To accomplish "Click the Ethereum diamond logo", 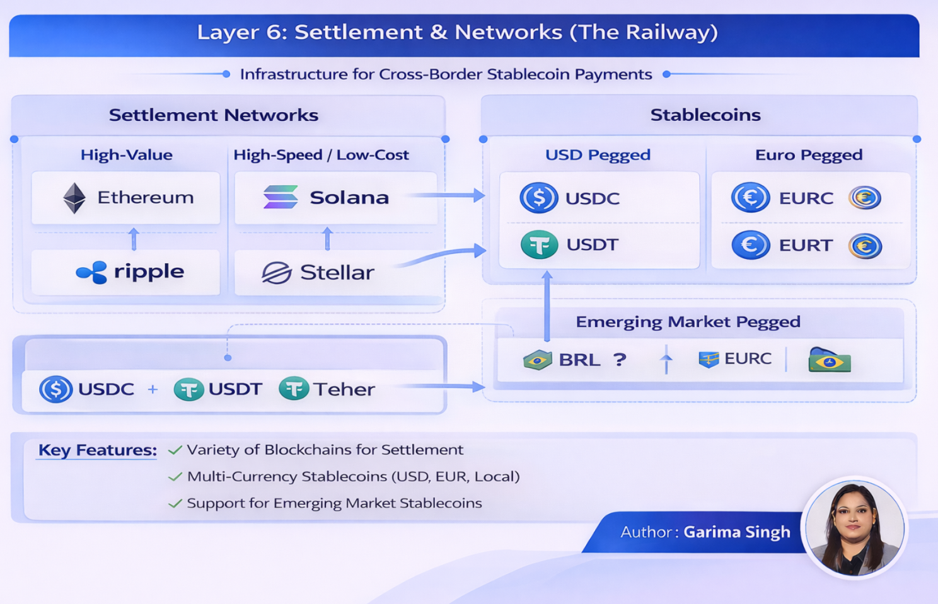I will click(74, 198).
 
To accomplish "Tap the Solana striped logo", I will click(281, 197).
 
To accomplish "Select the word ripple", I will click(149, 271).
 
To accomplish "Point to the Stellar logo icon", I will click(276, 273).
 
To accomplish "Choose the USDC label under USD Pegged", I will click(592, 198).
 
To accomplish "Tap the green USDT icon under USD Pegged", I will click(539, 245).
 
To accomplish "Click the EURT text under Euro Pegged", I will click(805, 246).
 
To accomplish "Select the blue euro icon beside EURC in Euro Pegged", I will click(750, 198).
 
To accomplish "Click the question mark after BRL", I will click(620, 360).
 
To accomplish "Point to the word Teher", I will click(344, 389).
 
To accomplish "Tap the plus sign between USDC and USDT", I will click(153, 389).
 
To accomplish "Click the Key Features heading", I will click(98, 450).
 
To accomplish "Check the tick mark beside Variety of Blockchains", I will click(175, 450).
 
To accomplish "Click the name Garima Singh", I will click(736, 532).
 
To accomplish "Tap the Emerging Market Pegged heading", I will click(688, 322).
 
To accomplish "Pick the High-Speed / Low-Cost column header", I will click(321, 155).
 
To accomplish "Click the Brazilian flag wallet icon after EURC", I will click(829, 361).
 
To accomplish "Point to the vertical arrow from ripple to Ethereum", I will click(134, 239).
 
